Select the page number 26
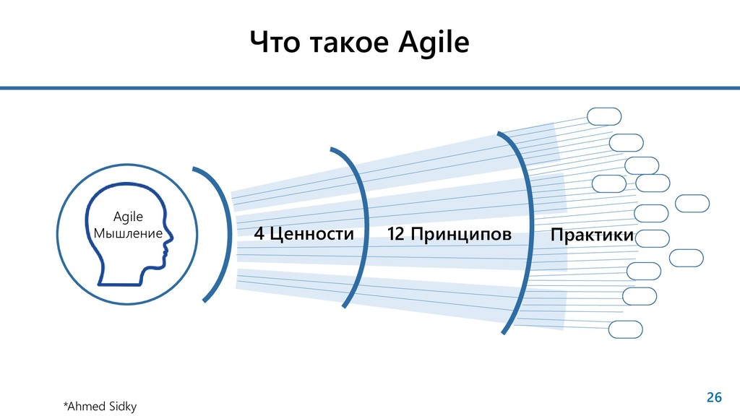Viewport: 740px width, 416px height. (713, 396)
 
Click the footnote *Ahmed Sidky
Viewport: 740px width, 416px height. (100, 407)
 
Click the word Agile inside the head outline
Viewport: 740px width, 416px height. (129, 217)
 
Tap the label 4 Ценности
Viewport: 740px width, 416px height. (304, 234)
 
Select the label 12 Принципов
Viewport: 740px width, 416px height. (449, 234)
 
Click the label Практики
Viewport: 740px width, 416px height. (592, 235)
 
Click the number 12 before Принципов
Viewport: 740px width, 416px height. (395, 234)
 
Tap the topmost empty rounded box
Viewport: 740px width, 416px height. (604, 116)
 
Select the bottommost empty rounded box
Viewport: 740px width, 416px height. (625, 329)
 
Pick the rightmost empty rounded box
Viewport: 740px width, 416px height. (692, 204)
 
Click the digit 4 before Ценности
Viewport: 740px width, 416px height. (259, 234)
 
